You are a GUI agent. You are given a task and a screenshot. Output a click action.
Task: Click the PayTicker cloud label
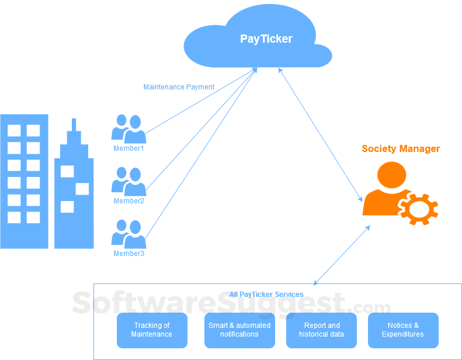click(x=266, y=39)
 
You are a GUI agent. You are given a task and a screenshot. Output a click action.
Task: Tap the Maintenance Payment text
click(x=179, y=87)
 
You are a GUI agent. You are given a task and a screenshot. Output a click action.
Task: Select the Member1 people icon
click(x=128, y=129)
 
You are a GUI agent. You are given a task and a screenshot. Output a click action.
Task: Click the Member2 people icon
click(x=128, y=181)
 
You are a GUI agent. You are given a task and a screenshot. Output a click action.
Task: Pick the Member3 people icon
click(x=128, y=234)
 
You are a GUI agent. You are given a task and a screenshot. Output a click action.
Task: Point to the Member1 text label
click(x=128, y=148)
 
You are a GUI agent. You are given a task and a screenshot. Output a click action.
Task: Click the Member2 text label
click(x=128, y=201)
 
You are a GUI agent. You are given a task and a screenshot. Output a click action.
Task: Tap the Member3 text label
click(x=128, y=254)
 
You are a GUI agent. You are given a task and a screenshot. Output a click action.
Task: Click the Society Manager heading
click(x=401, y=148)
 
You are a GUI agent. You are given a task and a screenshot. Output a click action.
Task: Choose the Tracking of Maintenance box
click(x=152, y=330)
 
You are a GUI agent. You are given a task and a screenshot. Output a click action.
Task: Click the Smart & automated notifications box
click(x=239, y=330)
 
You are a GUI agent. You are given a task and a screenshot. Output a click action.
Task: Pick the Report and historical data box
click(x=321, y=330)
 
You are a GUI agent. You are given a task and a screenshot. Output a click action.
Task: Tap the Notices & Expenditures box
click(x=403, y=330)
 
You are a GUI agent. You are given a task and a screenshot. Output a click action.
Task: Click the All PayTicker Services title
click(x=266, y=294)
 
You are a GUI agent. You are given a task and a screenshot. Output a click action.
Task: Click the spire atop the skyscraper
click(x=74, y=126)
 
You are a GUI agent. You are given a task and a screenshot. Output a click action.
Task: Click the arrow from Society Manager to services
click(x=342, y=255)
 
